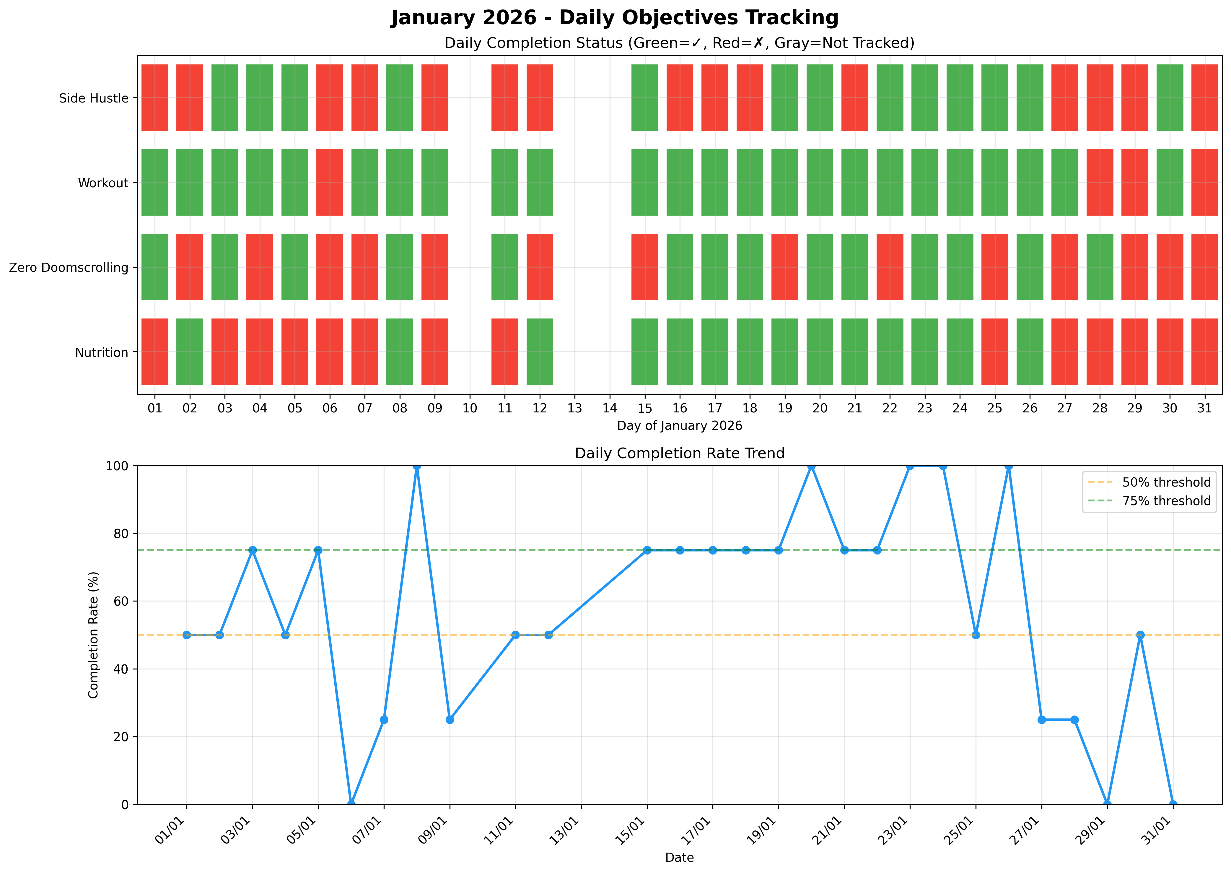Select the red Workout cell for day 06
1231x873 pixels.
pos(329,182)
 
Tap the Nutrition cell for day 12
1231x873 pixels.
pos(540,352)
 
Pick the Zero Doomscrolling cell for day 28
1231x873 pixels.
pos(1099,267)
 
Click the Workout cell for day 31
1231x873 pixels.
pos(1204,182)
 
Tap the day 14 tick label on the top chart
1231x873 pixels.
pos(609,408)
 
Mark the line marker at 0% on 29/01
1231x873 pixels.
pos(1107,804)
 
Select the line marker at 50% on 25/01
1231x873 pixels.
pos(976,635)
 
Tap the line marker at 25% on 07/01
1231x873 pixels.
pos(384,720)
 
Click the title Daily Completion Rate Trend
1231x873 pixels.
pos(679,453)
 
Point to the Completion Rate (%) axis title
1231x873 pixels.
pos(94,635)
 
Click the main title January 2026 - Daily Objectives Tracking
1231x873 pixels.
pos(615,18)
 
